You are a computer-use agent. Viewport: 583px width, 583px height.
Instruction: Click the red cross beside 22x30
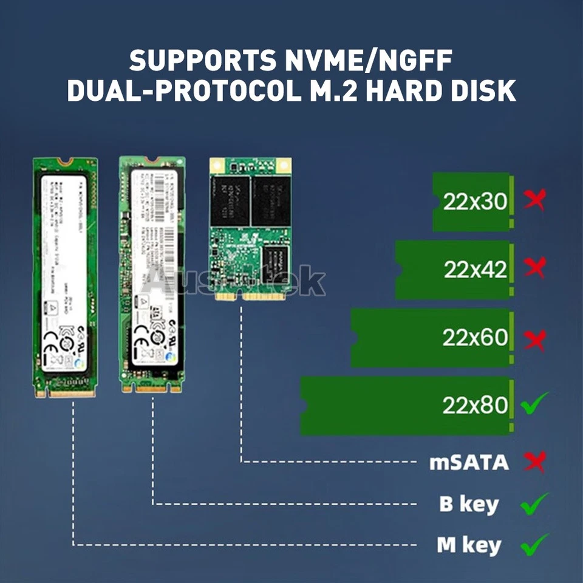[535, 200]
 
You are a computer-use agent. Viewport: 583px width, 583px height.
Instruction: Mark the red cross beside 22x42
[535, 267]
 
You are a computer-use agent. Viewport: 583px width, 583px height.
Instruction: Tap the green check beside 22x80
[535, 403]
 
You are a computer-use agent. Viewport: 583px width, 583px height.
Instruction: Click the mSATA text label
[469, 463]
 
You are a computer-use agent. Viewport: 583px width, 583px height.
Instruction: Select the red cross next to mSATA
[535, 462]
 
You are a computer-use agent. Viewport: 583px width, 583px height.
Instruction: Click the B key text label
[469, 504]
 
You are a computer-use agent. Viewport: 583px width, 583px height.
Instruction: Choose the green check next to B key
[534, 504]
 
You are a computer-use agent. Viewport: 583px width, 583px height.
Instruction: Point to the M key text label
[469, 545]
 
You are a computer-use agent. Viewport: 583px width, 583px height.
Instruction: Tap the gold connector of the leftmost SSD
[66, 393]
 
